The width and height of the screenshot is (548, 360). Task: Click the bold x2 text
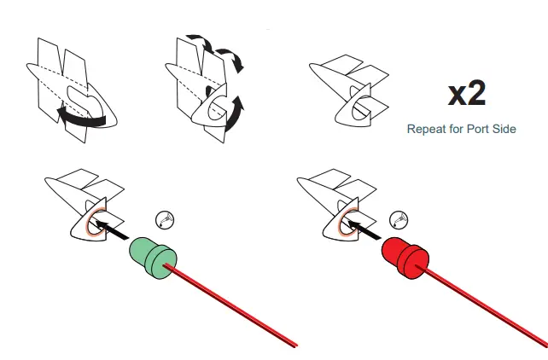[x=467, y=94]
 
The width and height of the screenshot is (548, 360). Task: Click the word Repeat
[x=428, y=130]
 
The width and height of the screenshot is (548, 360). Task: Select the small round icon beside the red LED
[x=399, y=218]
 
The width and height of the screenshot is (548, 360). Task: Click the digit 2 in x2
[x=477, y=94]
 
